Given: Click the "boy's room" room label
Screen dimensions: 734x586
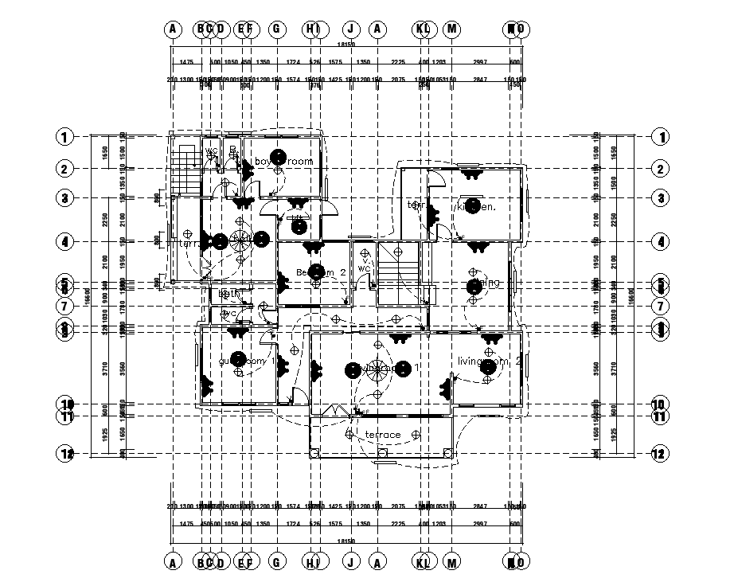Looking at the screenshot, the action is click(283, 162).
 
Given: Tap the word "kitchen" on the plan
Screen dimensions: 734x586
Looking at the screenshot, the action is click(476, 207).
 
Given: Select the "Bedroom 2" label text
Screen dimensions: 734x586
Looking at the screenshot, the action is click(320, 273).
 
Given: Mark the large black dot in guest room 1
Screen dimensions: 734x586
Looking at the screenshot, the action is click(236, 358).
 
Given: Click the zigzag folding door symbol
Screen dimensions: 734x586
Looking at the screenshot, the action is click(337, 410).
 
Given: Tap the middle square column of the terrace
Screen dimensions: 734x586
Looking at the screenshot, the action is click(382, 453).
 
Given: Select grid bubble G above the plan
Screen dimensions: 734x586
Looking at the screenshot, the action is click(277, 29).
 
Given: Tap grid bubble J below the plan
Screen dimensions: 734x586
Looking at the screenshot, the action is click(349, 562).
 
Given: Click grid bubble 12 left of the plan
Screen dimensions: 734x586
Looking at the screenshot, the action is click(66, 454).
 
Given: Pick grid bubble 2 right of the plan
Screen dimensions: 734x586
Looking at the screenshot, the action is click(660, 169).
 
